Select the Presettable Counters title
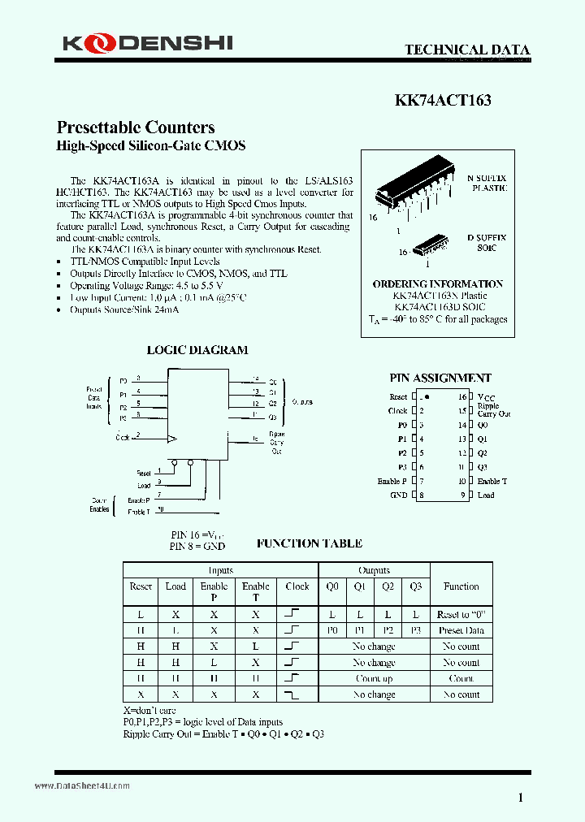click(x=136, y=128)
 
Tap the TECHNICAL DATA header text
click(x=467, y=50)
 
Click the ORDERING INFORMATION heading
click(x=437, y=283)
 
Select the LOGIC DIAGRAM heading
click(x=197, y=350)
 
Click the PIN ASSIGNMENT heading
click(x=440, y=378)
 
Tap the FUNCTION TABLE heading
click(x=309, y=543)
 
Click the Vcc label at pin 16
click(x=485, y=396)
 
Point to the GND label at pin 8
click(x=398, y=495)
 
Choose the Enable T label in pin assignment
click(x=492, y=481)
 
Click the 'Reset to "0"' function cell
click(x=461, y=615)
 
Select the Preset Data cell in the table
click(x=461, y=630)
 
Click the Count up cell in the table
click(x=374, y=678)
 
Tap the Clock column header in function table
click(x=297, y=586)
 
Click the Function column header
click(x=461, y=586)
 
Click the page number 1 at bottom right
click(x=521, y=798)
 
